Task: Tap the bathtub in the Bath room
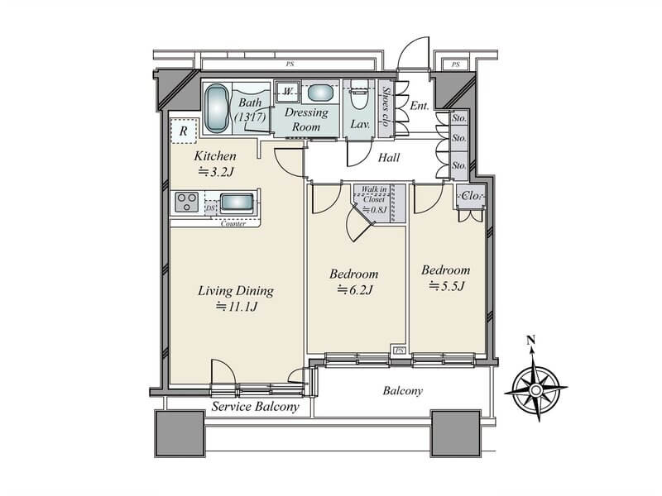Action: pos(217,108)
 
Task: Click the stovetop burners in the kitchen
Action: pos(187,202)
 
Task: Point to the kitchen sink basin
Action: pos(237,203)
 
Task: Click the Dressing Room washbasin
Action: pos(320,93)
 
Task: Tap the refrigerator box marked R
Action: pos(184,131)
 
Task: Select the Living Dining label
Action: pos(236,291)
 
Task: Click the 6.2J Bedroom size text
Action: pos(355,290)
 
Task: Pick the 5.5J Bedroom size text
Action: pos(447,286)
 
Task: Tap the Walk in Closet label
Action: pos(374,194)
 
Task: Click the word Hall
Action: pos(389,158)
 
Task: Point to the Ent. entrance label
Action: pos(420,106)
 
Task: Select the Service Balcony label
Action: pos(256,407)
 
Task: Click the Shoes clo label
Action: pos(386,107)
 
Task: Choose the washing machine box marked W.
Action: pos(288,92)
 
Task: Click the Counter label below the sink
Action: pos(233,223)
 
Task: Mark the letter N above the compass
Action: pos(531,340)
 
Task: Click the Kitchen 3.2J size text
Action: pos(216,172)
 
